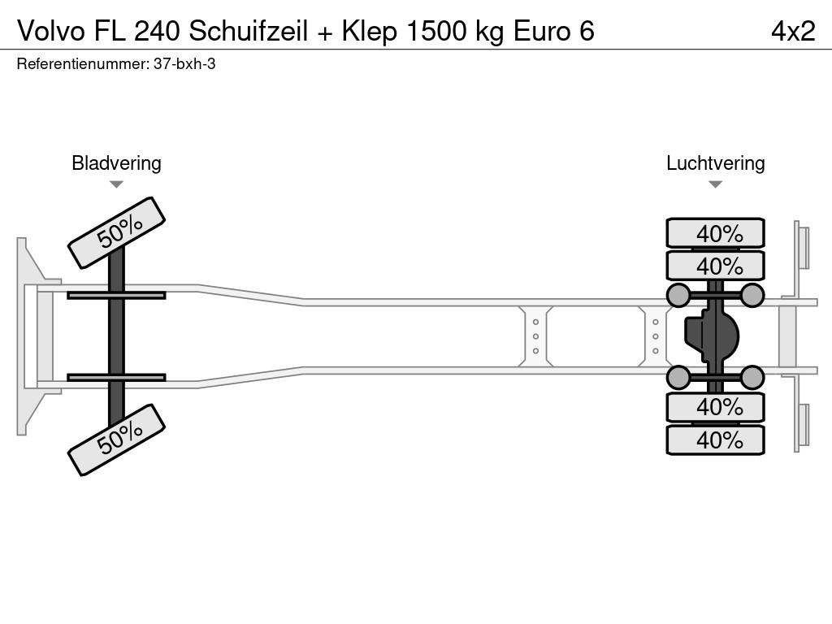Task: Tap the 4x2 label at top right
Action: point(793,31)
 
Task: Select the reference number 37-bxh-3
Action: point(184,64)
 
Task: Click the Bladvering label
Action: point(116,163)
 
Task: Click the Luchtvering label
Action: point(715,163)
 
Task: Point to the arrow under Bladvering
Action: point(116,184)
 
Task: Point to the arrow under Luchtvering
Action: point(715,184)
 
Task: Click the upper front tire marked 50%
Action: point(116,232)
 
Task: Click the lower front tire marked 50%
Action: point(116,439)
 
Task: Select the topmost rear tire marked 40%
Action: point(715,233)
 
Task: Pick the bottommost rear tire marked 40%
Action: point(715,440)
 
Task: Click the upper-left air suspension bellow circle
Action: point(678,295)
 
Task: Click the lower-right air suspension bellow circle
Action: point(752,377)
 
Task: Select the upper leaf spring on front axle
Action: point(116,295)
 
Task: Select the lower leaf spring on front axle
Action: point(116,377)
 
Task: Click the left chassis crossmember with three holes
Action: point(536,336)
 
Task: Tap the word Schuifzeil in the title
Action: point(248,31)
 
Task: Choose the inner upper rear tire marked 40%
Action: point(715,266)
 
